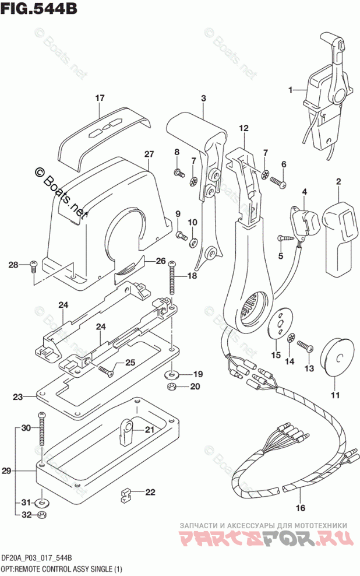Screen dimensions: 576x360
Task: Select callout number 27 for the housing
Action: pyautogui.click(x=149, y=154)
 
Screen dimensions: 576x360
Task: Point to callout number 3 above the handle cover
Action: pyautogui.click(x=203, y=99)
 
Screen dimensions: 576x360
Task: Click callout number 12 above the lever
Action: pyautogui.click(x=243, y=128)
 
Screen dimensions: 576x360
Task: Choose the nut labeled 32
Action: pyautogui.click(x=42, y=515)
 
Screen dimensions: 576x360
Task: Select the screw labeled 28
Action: pyautogui.click(x=33, y=265)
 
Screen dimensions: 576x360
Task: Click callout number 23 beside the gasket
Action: pyautogui.click(x=18, y=397)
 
